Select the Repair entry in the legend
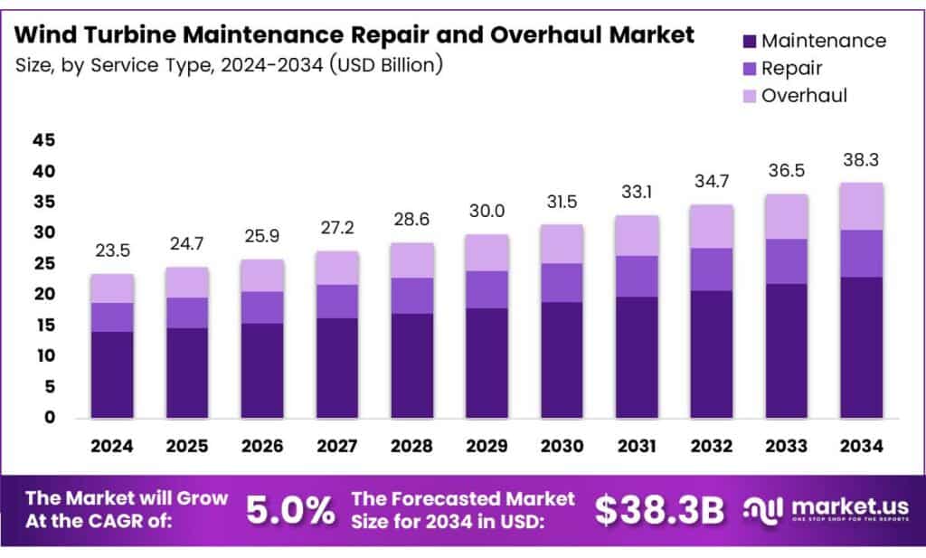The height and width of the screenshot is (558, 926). coord(791,68)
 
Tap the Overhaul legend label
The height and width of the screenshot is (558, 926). coord(804,95)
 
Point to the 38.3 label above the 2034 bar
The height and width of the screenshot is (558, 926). coord(861,160)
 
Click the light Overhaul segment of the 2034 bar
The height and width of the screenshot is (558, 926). coord(861,206)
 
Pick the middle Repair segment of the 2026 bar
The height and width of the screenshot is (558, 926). coord(262,307)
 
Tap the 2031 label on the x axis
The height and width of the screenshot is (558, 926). coord(637,446)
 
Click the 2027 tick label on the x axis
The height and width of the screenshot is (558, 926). coord(337,446)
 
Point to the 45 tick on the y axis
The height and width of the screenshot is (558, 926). coord(43,140)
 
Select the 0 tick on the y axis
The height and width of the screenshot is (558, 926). coord(50,418)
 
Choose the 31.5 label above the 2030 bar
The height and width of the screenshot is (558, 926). coord(562,202)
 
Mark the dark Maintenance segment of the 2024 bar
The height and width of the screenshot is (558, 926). coord(112,374)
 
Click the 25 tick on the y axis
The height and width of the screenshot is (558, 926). coord(43,263)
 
